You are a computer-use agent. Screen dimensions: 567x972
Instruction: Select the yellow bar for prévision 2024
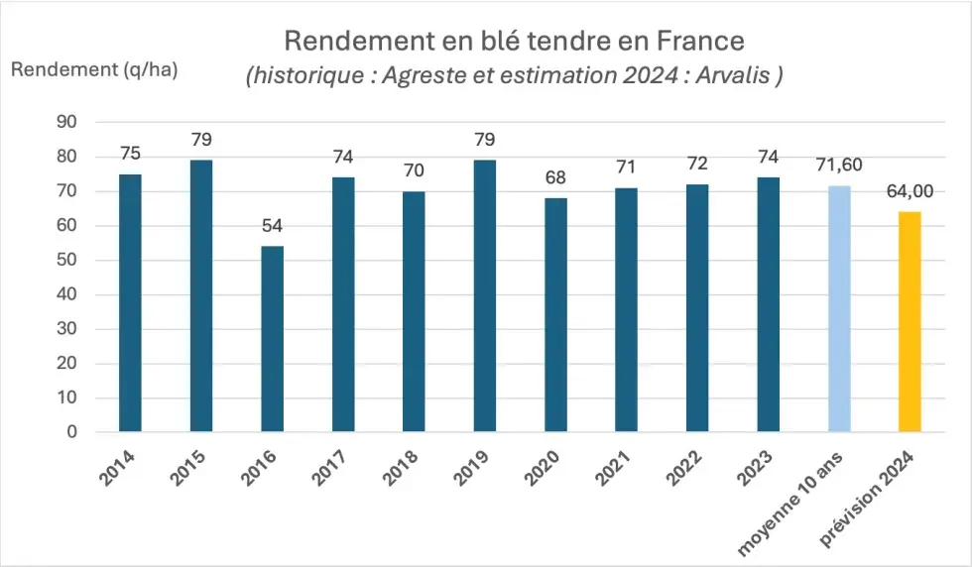910,321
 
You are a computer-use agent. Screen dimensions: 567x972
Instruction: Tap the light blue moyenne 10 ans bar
838,308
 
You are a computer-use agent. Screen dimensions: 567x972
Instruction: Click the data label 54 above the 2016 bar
272,226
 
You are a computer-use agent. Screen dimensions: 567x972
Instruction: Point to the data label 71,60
838,165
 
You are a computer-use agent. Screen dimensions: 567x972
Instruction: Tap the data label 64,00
910,191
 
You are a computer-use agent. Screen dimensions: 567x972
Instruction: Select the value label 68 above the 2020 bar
555,178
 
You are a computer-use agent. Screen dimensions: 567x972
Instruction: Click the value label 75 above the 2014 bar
130,154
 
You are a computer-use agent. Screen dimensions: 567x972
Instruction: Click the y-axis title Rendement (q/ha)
95,69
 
